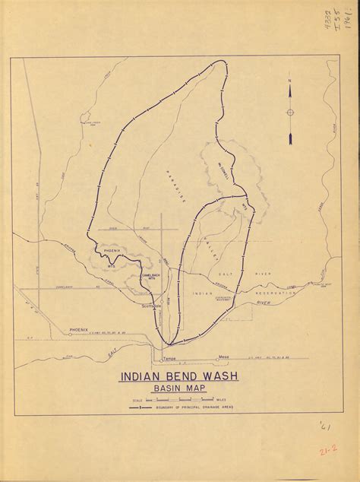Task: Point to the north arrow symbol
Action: [x=289, y=112]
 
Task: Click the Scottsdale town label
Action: [x=151, y=306]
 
